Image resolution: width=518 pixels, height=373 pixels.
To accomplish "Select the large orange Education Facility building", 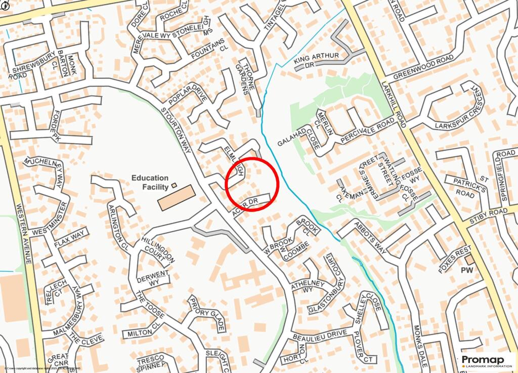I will [x=176, y=197].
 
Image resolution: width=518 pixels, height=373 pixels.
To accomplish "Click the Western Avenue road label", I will [x=24, y=233].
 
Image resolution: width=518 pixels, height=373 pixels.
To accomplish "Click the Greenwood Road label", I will [x=423, y=67].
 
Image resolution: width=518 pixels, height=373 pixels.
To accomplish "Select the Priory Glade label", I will [x=206, y=314].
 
